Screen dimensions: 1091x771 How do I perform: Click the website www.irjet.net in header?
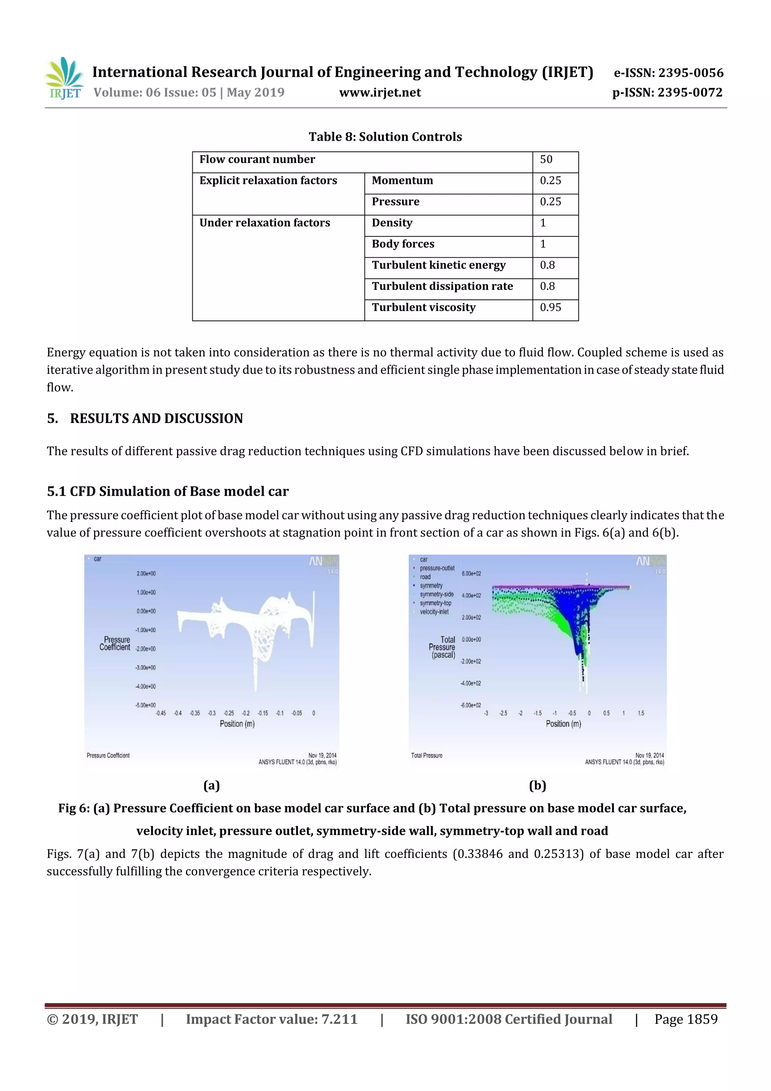point(379,93)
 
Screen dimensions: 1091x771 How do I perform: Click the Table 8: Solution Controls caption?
point(385,137)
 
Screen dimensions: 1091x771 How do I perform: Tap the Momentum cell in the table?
point(402,180)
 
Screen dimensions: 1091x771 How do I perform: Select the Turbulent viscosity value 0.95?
point(550,307)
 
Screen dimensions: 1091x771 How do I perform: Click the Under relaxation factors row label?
point(264,223)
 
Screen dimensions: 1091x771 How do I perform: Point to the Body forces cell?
point(403,244)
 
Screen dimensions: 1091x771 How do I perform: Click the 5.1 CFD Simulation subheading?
point(167,491)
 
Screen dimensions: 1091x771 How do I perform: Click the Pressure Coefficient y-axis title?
point(115,643)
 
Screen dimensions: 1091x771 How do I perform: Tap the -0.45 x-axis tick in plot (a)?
point(161,713)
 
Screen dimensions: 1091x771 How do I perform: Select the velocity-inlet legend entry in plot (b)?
point(434,612)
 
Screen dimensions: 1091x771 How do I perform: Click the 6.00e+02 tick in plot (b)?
point(471,574)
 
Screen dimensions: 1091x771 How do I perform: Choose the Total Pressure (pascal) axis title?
point(442,647)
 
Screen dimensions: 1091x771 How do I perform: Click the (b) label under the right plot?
point(537,786)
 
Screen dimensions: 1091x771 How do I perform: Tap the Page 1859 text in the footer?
point(686,1019)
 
